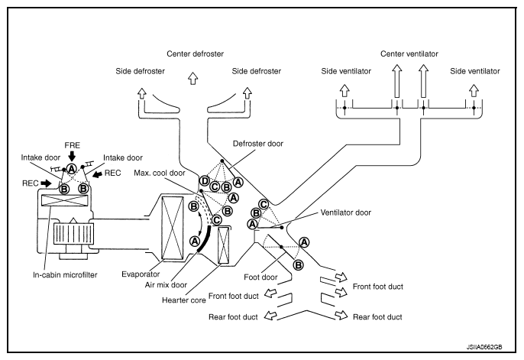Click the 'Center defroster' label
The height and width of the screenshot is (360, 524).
pos(196,54)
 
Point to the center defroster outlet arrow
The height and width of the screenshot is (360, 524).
pos(195,76)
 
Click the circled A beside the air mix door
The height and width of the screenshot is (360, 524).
pos(194,242)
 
